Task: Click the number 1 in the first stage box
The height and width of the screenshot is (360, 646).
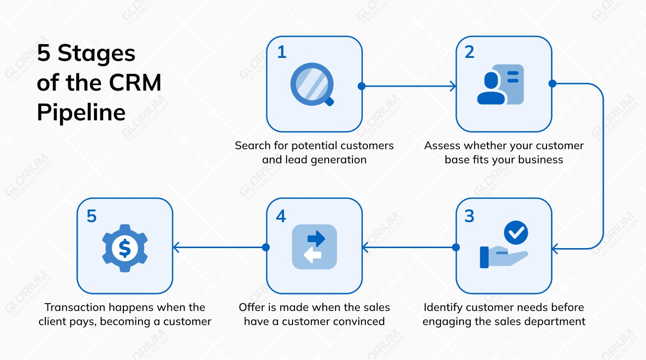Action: (282, 52)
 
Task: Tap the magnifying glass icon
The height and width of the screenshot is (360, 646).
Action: (310, 84)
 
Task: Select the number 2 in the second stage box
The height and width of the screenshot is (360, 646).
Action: (469, 52)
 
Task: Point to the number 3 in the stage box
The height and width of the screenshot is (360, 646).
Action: (469, 216)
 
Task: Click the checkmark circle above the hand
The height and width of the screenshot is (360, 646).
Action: (516, 232)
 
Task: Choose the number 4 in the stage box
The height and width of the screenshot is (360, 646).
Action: (281, 216)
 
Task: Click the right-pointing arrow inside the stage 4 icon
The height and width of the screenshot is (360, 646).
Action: (316, 239)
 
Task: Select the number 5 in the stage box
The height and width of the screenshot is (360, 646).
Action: (92, 216)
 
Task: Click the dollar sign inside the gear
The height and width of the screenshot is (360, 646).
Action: (125, 248)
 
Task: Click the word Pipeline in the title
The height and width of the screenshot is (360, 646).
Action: (81, 112)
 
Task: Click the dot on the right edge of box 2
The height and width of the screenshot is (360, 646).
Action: (552, 84)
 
